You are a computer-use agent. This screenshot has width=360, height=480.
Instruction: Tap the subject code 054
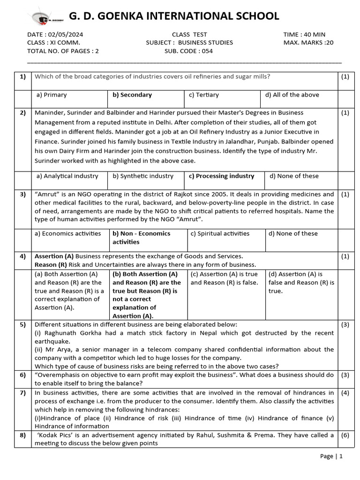coord(207,51)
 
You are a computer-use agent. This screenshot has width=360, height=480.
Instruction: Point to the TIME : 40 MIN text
coord(304,34)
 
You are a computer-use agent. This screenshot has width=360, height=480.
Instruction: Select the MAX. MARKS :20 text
coord(311,43)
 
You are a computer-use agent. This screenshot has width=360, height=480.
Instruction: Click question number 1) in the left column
coord(22,76)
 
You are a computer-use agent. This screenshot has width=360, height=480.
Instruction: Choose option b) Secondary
coord(132,95)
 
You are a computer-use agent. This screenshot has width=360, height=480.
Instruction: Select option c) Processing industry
coord(221,176)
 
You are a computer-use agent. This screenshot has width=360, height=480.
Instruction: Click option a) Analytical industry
coord(67,176)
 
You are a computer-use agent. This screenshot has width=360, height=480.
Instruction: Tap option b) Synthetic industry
coord(142,176)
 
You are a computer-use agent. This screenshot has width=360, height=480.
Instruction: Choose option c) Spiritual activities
coord(219,233)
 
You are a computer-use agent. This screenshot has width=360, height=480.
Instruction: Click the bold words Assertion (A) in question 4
coord(54,256)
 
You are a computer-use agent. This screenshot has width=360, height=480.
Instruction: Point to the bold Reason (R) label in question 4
coord(51,264)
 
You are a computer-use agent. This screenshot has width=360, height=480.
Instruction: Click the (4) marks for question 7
coord(345,392)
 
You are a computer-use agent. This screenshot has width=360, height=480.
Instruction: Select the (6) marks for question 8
coord(345,435)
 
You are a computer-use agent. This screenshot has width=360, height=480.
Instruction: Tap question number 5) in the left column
coord(22,324)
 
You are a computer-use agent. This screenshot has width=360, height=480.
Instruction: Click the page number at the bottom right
coord(332,456)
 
